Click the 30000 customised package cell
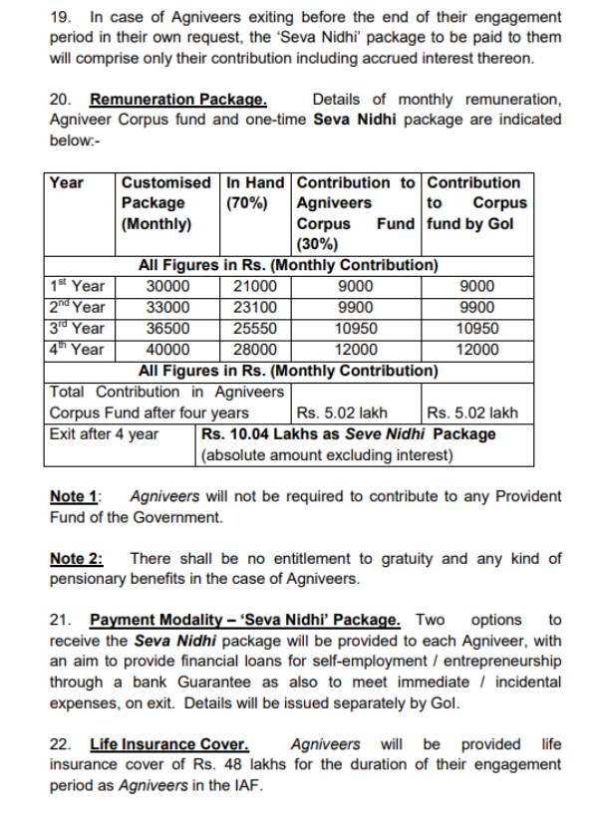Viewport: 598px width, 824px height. click(165, 287)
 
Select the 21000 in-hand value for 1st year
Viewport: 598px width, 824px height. click(256, 287)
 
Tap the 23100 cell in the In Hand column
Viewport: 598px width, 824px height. click(256, 308)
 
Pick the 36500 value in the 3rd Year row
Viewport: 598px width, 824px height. click(165, 329)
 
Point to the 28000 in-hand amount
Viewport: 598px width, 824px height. click(256, 350)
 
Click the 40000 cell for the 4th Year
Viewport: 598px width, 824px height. click(165, 350)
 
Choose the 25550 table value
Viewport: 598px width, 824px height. click(256, 329)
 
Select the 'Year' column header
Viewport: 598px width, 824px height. click(67, 183)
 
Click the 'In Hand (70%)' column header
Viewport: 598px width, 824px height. click(255, 193)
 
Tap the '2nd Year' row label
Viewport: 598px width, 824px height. click(77, 308)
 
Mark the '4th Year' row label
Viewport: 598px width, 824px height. click(77, 350)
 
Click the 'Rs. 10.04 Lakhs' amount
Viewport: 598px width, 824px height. click(255, 434)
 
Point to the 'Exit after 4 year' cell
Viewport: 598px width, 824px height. click(104, 434)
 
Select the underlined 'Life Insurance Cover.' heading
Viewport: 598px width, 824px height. click(169, 744)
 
